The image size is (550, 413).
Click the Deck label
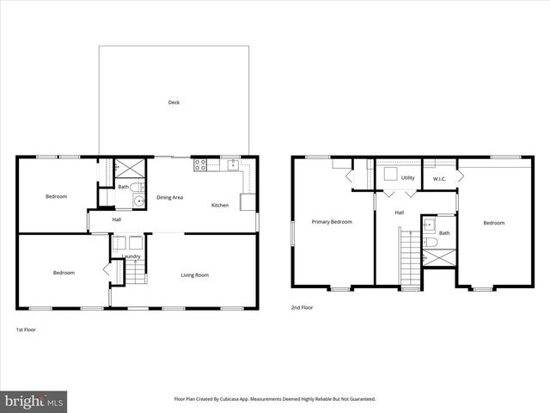coord(174,102)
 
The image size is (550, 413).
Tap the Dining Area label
coord(169,198)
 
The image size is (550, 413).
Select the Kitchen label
coord(220,205)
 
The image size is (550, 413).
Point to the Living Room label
coord(194,275)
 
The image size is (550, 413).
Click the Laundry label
coord(131,256)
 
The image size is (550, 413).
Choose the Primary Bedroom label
coord(332,222)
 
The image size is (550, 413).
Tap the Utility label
coord(407,178)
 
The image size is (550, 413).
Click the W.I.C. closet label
coord(438,179)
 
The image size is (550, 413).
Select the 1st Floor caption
coord(26,330)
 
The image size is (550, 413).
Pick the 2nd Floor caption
coord(301,307)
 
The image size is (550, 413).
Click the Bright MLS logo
coord(34,401)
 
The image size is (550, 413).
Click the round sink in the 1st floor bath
coord(137,201)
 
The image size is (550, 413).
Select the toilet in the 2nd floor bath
coord(430,225)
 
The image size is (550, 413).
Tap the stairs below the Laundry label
coord(137,274)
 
